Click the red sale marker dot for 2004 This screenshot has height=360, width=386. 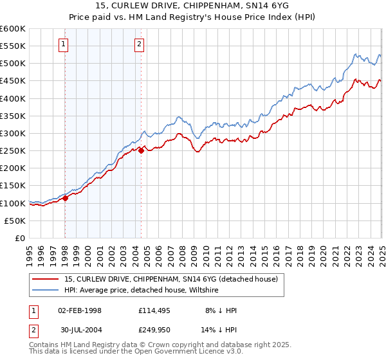pyautogui.click(x=141, y=150)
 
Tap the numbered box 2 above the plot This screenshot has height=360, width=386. pyautogui.click(x=140, y=44)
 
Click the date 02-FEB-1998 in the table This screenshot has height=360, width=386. pyautogui.click(x=80, y=310)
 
